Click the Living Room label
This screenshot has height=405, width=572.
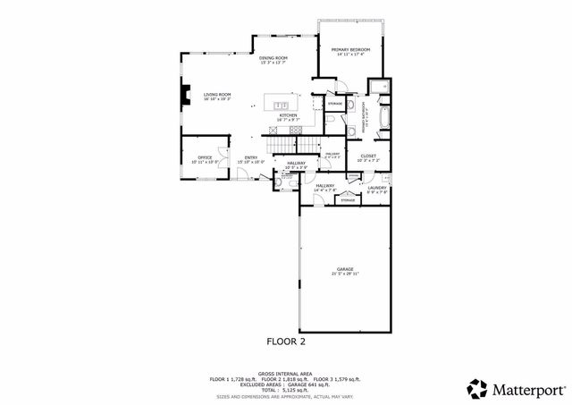[217, 94]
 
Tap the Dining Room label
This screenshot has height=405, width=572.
[274, 58]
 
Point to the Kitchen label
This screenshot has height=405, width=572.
[288, 115]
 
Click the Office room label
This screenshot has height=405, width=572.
[205, 157]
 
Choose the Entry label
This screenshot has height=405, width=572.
[251, 157]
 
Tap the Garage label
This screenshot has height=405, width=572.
[345, 268]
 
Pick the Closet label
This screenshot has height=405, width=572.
[368, 156]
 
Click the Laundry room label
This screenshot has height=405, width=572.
[377, 187]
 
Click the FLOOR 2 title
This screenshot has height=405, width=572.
[286, 341]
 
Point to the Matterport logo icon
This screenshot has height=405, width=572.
[477, 389]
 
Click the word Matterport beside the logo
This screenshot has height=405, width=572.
[527, 389]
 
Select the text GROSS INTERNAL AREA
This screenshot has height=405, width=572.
[285, 373]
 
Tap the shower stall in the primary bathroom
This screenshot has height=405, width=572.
[379, 88]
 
